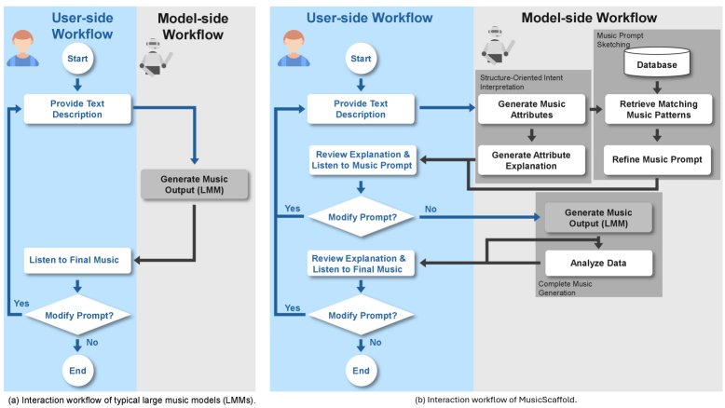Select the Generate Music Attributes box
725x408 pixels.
click(x=531, y=109)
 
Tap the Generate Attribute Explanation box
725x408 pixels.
click(x=531, y=159)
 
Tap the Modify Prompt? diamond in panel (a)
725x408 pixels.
click(x=78, y=315)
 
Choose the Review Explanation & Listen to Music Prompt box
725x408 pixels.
click(x=360, y=159)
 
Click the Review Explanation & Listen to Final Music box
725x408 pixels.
click(x=360, y=264)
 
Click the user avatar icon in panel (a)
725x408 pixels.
click(x=25, y=48)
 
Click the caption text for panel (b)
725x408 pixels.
click(x=497, y=400)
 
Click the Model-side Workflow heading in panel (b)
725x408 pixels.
click(x=588, y=18)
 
